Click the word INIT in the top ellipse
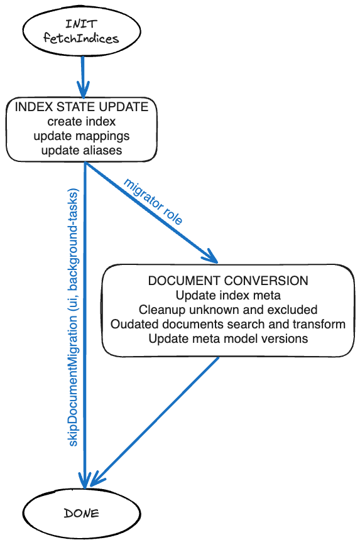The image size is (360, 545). pyautogui.click(x=81, y=24)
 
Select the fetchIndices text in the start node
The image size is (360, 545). pyautogui.click(x=81, y=39)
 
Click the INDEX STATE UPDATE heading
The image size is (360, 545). pyautogui.click(x=82, y=107)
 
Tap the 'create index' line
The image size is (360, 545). pyautogui.click(x=82, y=121)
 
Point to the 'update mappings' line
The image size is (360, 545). pyautogui.click(x=82, y=136)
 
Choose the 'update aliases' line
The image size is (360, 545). pyautogui.click(x=82, y=151)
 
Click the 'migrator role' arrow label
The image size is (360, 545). pyautogui.click(x=153, y=202)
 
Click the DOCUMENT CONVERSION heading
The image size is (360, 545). pyautogui.click(x=227, y=281)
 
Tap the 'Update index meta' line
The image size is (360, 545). pyautogui.click(x=227, y=295)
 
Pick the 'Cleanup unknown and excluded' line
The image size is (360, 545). pyautogui.click(x=227, y=310)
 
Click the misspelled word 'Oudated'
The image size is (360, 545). pyautogui.click(x=130, y=325)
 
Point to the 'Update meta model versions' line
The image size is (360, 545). pyautogui.click(x=227, y=339)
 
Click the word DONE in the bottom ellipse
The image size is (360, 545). pyautogui.click(x=81, y=513)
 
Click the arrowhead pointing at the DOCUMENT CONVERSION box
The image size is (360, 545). pyautogui.click(x=210, y=257)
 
